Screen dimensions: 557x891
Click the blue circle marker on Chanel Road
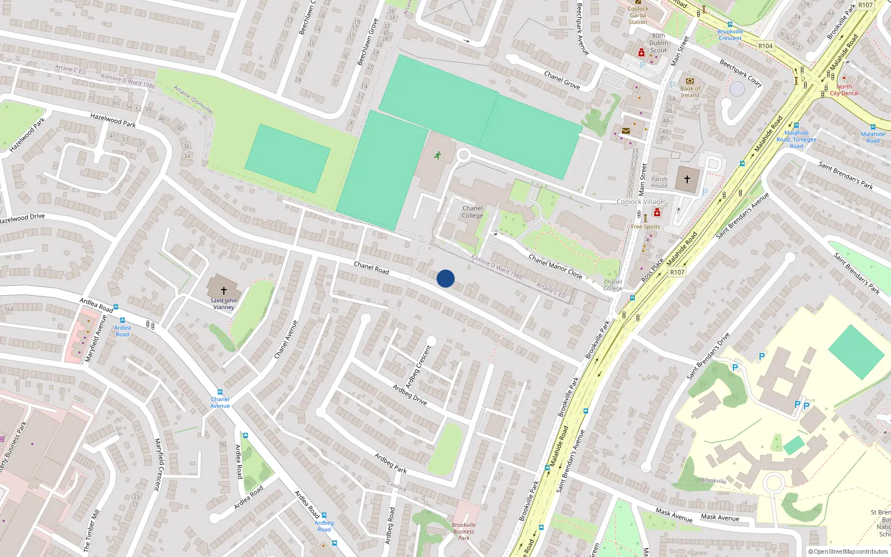[x=445, y=278]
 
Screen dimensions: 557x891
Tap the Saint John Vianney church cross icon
[x=224, y=291]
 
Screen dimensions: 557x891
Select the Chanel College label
[x=472, y=212]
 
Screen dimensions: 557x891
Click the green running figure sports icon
[x=438, y=155]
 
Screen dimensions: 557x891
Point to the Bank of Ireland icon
[x=690, y=81]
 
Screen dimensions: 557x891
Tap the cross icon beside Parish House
[x=687, y=179]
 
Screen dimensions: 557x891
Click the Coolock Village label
[x=640, y=202]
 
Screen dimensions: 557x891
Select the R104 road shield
[x=765, y=46]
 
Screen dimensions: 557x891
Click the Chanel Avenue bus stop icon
[x=220, y=392]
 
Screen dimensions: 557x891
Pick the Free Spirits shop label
[x=645, y=227]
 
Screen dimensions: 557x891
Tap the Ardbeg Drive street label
[x=410, y=395]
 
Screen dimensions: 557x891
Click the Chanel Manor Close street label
[x=555, y=266]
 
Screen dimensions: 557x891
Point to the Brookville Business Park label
[x=464, y=531]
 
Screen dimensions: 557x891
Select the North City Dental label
[x=844, y=90]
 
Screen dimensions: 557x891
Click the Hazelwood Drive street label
[x=22, y=218]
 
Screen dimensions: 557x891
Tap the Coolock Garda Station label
[x=638, y=15]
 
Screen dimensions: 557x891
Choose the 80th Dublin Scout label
[x=658, y=43]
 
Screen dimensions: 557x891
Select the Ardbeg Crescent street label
[x=418, y=367]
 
